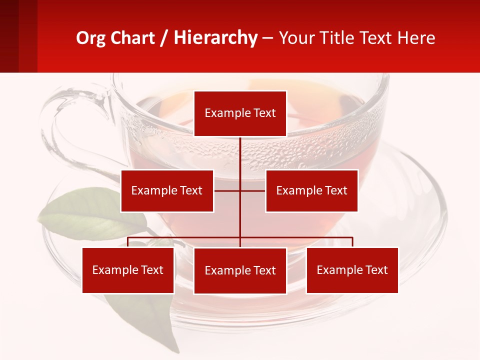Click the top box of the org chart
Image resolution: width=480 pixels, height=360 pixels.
[x=240, y=113]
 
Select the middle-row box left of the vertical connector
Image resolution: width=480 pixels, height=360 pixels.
[x=167, y=190]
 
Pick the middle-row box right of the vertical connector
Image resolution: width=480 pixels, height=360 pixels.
[x=311, y=190]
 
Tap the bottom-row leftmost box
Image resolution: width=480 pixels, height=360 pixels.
[x=128, y=270]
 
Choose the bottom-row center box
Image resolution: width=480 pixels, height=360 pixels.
[x=240, y=270]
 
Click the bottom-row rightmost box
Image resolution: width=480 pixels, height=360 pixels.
[x=352, y=270]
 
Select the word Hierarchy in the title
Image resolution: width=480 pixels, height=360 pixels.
[x=215, y=38]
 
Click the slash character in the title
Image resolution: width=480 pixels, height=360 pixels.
[x=164, y=38]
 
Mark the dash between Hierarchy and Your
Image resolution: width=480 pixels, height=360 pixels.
[x=267, y=38]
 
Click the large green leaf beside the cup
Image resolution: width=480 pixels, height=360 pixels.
[x=90, y=215]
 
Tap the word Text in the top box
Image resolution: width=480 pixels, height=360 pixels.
[x=264, y=113]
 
